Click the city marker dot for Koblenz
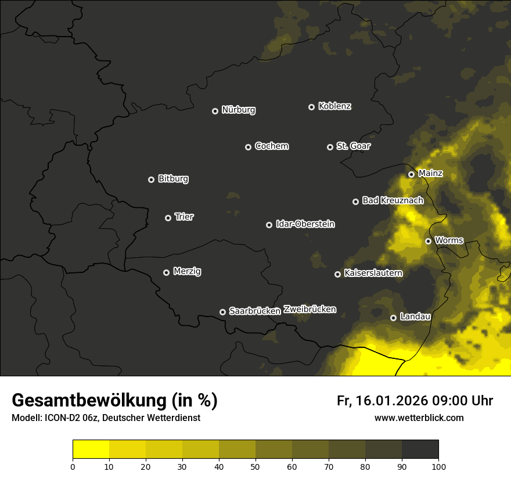click(x=311, y=107)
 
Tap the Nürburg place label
click(x=239, y=110)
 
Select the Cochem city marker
click(x=248, y=147)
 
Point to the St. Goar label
click(x=353, y=146)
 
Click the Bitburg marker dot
click(x=151, y=179)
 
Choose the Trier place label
click(x=184, y=217)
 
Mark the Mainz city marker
click(x=411, y=174)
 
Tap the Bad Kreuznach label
click(x=393, y=200)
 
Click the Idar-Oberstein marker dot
click(x=269, y=225)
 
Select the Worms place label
click(x=449, y=240)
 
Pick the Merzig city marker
click(x=166, y=272)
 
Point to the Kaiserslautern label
click(x=373, y=273)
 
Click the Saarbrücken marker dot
click(x=222, y=312)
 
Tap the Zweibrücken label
click(x=310, y=310)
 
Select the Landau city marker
click(x=393, y=318)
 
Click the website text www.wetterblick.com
click(x=419, y=418)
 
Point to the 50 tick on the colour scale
click(x=255, y=466)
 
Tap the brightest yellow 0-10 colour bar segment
click(x=91, y=449)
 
